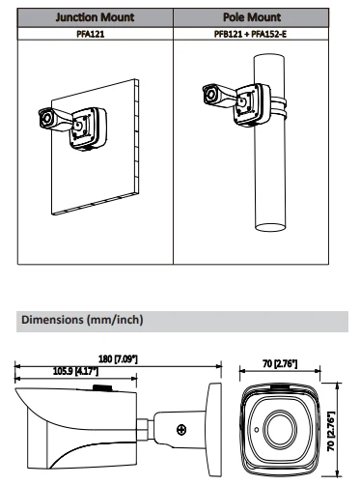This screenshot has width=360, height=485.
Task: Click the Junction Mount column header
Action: click(95, 17)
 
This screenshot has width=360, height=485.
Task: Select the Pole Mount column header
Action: click(252, 17)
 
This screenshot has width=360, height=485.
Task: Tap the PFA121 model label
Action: click(91, 34)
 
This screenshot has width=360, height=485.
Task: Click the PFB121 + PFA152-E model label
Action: click(250, 34)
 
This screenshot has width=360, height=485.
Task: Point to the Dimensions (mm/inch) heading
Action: click(82, 320)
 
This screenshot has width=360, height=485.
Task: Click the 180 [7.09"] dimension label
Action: click(118, 358)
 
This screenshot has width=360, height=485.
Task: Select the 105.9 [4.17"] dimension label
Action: click(75, 371)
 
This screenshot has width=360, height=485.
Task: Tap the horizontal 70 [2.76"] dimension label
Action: click(280, 363)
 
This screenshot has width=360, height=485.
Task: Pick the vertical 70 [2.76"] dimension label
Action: click(331, 430)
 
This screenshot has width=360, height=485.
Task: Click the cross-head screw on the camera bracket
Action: click(181, 429)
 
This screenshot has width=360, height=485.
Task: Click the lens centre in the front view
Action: click(280, 429)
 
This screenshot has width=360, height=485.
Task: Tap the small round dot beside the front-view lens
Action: click(257, 430)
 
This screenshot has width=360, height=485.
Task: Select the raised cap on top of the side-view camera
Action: click(102, 387)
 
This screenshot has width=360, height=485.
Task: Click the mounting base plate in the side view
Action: click(214, 430)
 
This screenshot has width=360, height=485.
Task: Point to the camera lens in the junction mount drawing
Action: click(46, 118)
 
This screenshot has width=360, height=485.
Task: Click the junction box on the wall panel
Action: click(88, 128)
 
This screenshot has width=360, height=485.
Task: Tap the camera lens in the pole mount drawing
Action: click(211, 95)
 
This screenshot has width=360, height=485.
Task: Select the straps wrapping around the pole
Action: click(279, 107)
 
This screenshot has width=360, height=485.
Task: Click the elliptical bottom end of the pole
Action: click(270, 227)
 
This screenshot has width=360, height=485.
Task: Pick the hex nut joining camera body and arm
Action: click(143, 429)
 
